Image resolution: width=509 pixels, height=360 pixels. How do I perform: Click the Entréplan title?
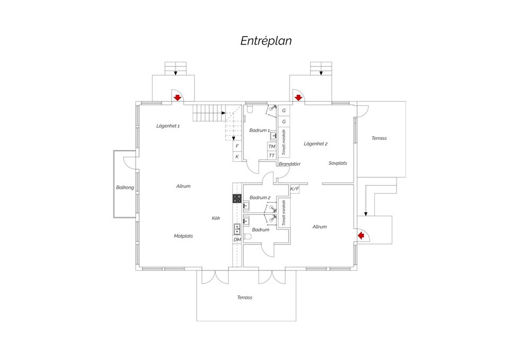coord(266,41)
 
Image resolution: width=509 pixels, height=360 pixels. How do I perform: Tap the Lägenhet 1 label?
coord(168,126)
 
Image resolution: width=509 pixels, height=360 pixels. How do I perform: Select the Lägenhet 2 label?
coord(315,144)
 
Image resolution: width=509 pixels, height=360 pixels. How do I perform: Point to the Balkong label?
coord(125,187)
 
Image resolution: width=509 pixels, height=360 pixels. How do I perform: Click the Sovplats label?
coord(338,163)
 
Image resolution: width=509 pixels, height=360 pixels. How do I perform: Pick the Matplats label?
coord(183,236)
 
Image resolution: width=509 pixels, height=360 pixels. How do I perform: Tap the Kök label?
coord(216,218)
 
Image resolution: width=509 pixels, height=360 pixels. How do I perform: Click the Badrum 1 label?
coord(259,130)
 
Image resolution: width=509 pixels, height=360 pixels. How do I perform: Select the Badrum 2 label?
coord(260,197)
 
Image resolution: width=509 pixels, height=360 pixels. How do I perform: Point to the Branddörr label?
coord(289,164)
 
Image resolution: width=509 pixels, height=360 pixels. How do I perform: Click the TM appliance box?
coord(271,146)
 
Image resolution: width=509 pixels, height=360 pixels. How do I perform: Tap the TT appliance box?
coord(271,155)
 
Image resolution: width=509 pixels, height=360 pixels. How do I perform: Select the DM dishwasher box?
coord(238,240)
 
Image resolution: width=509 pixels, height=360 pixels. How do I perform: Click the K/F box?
coord(295,189)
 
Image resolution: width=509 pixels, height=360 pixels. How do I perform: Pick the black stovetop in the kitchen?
coord(237,198)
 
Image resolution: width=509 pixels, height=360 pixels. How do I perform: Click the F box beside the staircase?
coord(238,146)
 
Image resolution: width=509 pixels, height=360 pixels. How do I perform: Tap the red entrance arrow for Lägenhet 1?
coord(177,98)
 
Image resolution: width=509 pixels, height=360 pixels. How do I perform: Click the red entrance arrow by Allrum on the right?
coord(361,235)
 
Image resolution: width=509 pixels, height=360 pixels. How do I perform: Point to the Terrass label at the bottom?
coord(244,297)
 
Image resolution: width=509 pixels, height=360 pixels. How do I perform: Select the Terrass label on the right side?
coord(379,138)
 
